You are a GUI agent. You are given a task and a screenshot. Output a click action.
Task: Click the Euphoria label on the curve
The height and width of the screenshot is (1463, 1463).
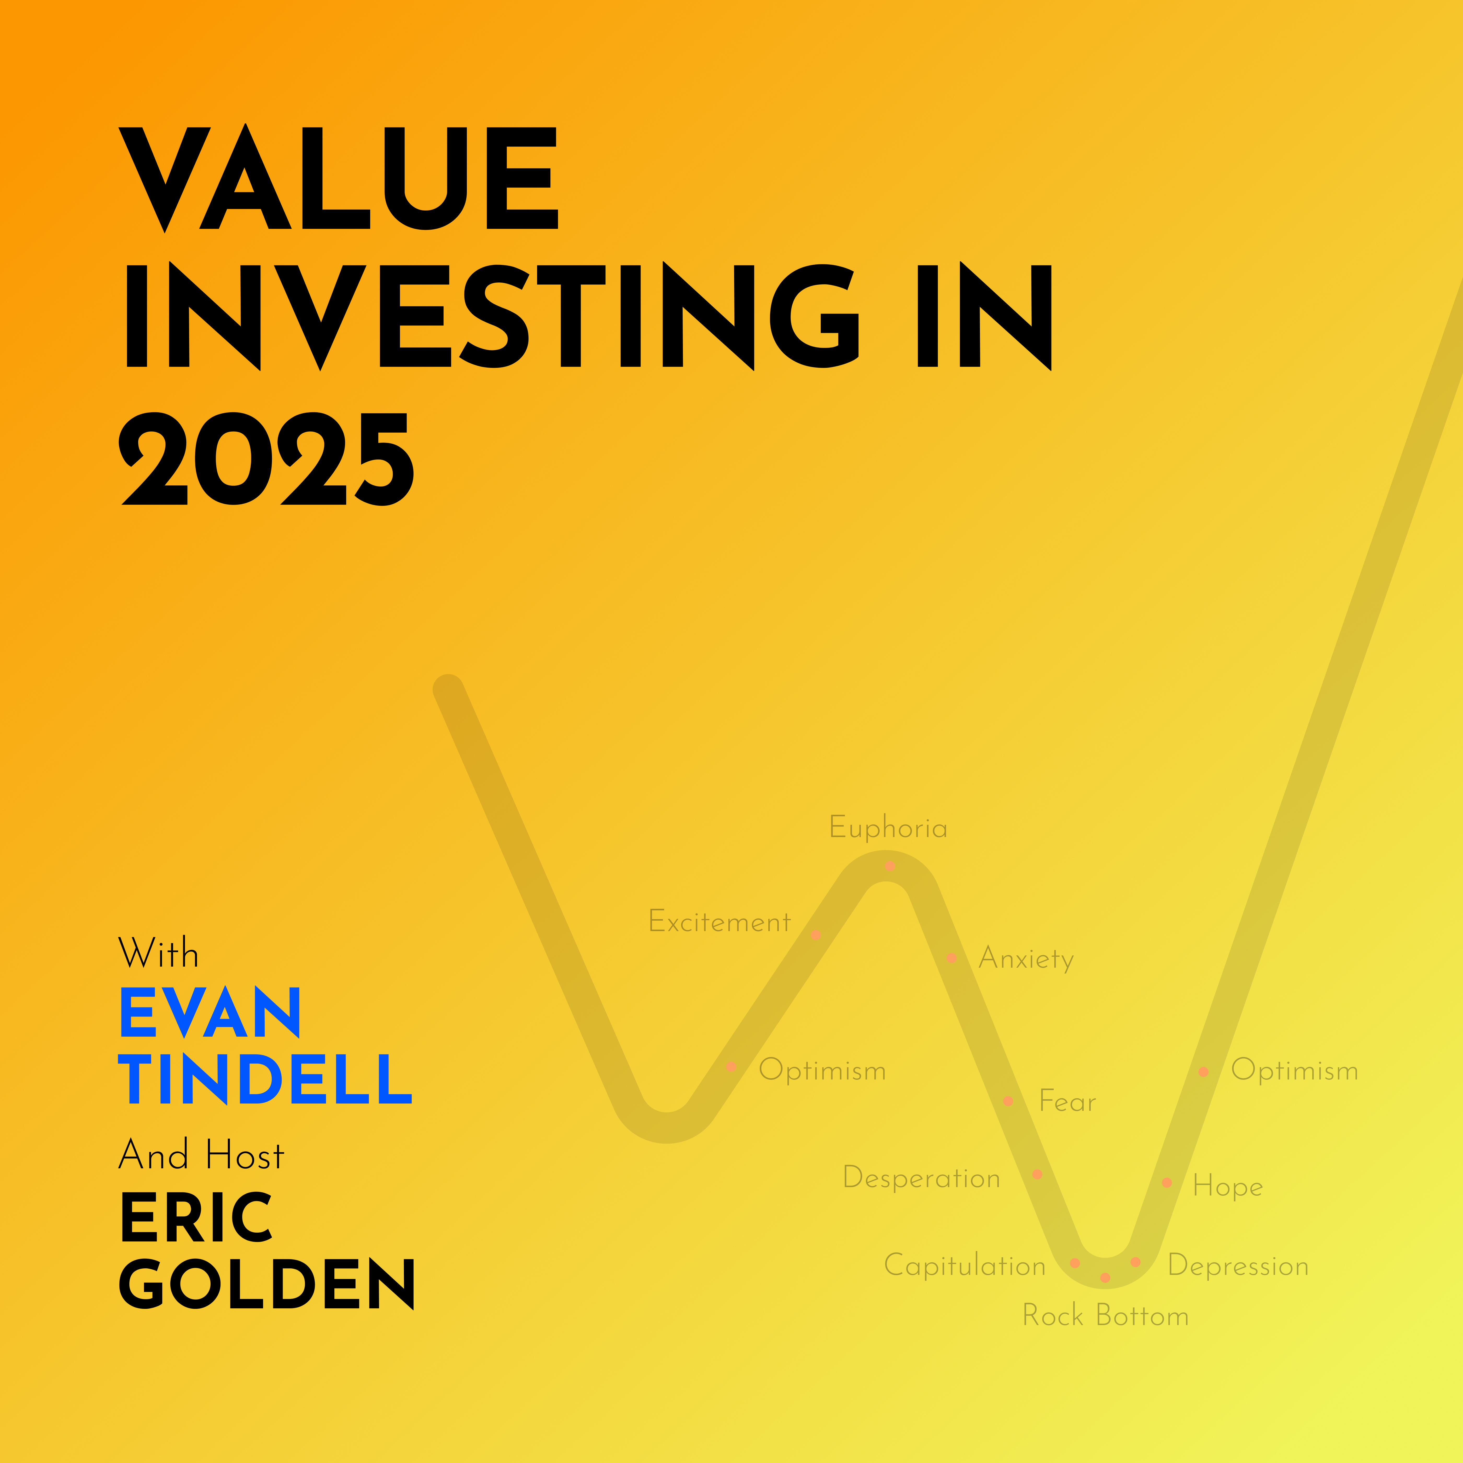[x=888, y=828]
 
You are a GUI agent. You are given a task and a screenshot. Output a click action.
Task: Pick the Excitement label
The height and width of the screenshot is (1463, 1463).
[x=719, y=922]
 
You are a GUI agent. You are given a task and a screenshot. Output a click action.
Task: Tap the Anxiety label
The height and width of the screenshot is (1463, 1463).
[x=1026, y=959]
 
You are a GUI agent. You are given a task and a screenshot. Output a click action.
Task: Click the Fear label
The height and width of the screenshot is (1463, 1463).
[x=1067, y=1101]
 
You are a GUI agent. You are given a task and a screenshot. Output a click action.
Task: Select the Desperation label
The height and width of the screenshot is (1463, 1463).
[x=922, y=1177]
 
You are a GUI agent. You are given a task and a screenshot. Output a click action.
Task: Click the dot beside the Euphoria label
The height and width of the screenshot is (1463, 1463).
[x=891, y=866]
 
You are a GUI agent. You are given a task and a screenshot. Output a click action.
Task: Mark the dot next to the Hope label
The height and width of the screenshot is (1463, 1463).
[x=1167, y=1183]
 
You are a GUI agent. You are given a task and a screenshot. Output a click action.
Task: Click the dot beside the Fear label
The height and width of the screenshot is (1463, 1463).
[x=1008, y=1101]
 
